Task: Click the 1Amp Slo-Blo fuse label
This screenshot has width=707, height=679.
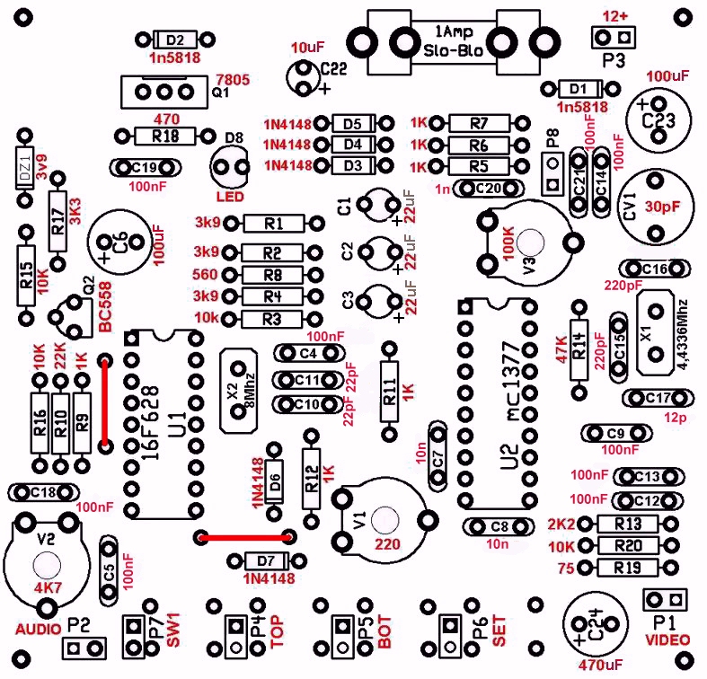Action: click(453, 40)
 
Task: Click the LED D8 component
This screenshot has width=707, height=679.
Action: click(231, 165)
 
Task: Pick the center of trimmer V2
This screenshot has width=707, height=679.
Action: click(44, 564)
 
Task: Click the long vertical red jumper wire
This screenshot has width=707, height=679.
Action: click(105, 401)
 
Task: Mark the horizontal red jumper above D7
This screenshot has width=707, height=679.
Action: click(244, 538)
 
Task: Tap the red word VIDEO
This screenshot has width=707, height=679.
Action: click(667, 639)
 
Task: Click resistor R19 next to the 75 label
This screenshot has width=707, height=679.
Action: click(627, 567)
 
